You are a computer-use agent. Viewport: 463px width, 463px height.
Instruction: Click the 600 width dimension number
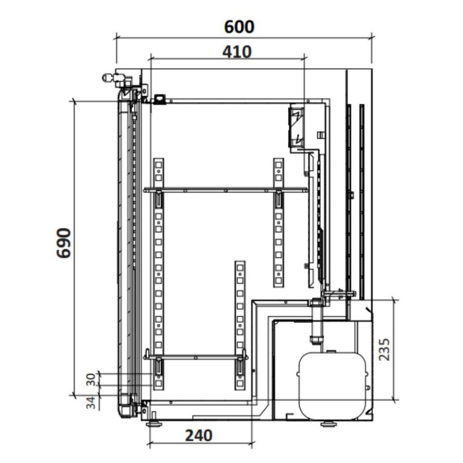click(239, 27)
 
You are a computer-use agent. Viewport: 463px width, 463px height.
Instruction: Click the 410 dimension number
click(237, 52)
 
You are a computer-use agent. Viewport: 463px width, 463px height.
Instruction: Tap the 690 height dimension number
click(64, 243)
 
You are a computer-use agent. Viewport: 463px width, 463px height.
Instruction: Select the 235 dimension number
click(384, 350)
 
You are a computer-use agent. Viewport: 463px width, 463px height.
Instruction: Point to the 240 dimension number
click(199, 435)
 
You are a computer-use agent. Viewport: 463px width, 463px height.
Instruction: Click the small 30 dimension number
click(91, 380)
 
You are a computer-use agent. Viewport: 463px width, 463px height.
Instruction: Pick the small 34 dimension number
click(91, 402)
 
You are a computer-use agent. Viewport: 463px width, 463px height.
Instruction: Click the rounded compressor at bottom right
click(333, 385)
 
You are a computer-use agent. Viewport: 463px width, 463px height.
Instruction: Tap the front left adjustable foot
click(154, 424)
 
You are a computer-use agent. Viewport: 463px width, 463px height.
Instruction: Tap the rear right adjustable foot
click(329, 424)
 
